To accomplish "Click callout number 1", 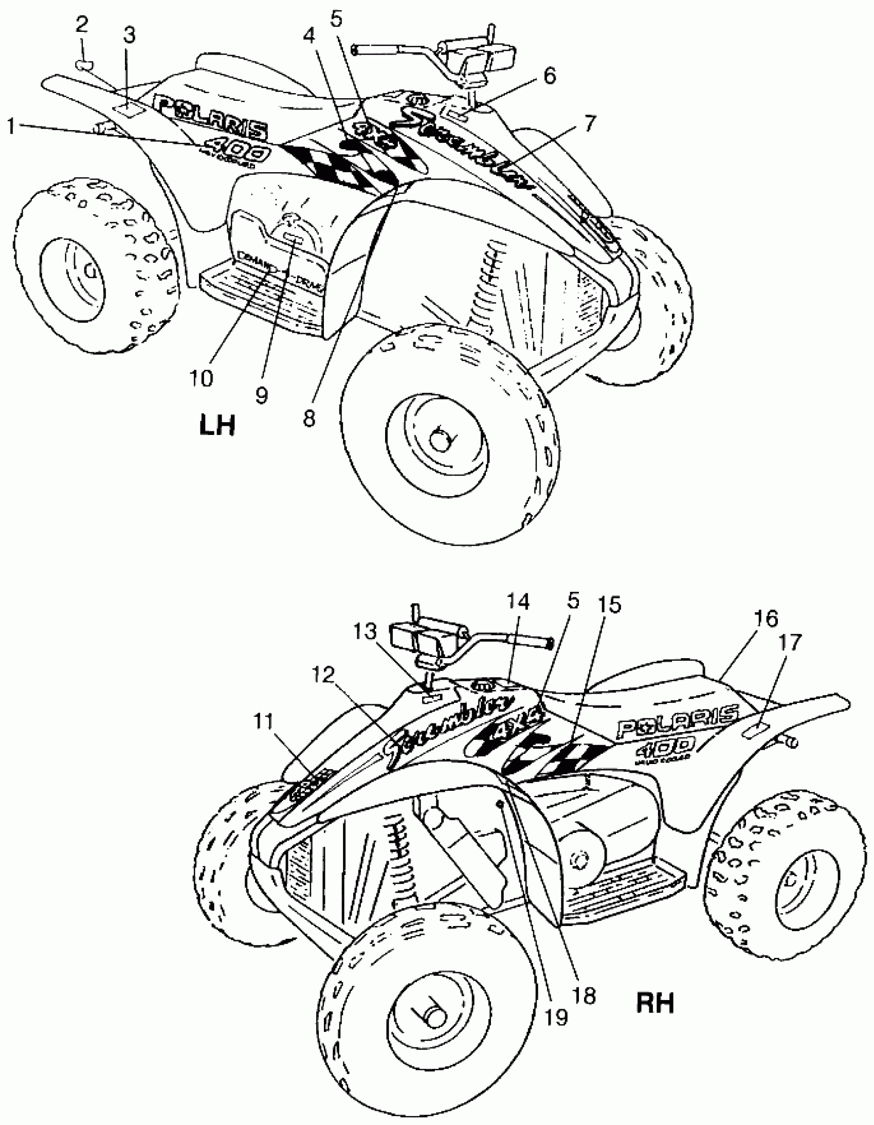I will pos(10,126).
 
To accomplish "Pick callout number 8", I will pos(309,418).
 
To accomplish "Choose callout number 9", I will pos(262,395).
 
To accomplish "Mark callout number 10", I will pos(201,378).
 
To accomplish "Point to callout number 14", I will pos(518,602).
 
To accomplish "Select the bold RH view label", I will pos(655,1003).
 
